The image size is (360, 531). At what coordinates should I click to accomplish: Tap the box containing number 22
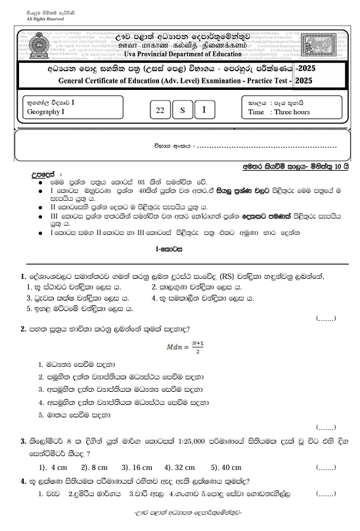point(160,111)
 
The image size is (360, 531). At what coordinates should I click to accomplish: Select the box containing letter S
point(182,111)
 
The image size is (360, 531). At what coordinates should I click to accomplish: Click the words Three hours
point(292,112)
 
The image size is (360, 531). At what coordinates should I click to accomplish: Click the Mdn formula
point(181,346)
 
